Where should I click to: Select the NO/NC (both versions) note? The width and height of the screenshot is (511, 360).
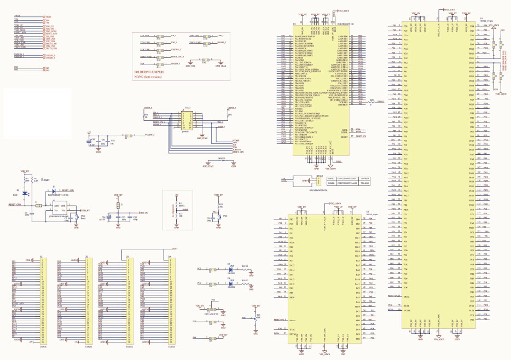(152, 76)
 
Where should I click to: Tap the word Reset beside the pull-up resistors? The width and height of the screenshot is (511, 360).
(45, 179)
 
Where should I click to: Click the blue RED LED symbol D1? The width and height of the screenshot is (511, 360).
(31, 193)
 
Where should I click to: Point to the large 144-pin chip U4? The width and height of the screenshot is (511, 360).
(438, 175)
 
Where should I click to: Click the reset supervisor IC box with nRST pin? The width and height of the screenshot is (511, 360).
(60, 211)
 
